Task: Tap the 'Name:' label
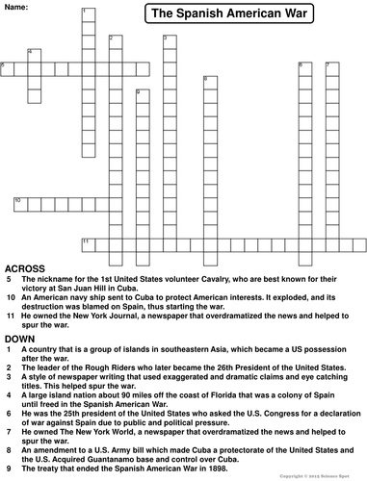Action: coord(18,7)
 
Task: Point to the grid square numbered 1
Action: coord(86,13)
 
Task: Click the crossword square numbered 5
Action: coord(7,67)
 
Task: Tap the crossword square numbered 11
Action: coord(87,241)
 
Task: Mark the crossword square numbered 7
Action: coord(331,67)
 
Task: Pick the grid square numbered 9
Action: coord(141,94)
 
